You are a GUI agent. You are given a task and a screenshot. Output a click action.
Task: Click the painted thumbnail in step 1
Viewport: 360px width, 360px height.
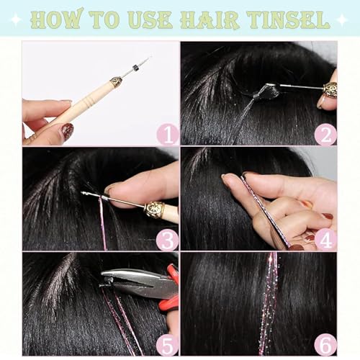point(66,131)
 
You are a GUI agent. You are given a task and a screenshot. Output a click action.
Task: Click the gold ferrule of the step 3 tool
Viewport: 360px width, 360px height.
point(153,210)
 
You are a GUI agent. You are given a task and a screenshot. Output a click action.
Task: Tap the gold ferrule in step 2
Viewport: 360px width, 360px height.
point(330,89)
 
